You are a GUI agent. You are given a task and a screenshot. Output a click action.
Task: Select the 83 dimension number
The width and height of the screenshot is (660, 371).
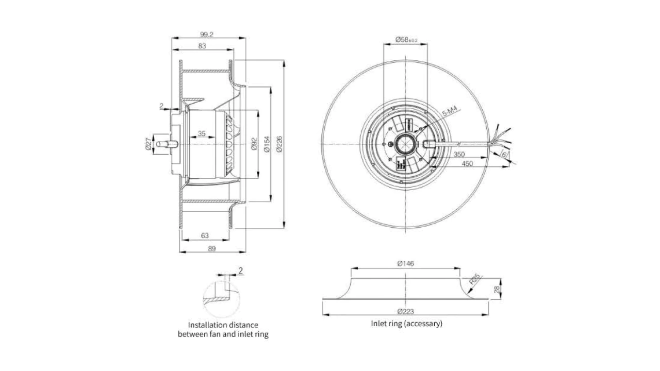point(202,46)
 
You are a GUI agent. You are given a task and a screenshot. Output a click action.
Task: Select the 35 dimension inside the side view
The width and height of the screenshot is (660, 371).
point(201,134)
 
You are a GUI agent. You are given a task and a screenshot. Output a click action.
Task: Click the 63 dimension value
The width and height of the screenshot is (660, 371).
point(204,236)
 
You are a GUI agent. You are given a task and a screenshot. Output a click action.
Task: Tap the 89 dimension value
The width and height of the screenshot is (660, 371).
point(212,248)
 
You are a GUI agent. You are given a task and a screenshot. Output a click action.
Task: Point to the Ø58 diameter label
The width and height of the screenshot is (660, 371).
point(406,39)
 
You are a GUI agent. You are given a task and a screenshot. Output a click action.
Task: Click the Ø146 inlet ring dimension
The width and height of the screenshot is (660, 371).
point(406,263)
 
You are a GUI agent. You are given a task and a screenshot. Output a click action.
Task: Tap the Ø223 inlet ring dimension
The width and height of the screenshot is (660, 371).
point(406,311)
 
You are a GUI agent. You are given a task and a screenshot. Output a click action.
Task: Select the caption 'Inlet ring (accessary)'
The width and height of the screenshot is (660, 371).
point(406,324)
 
